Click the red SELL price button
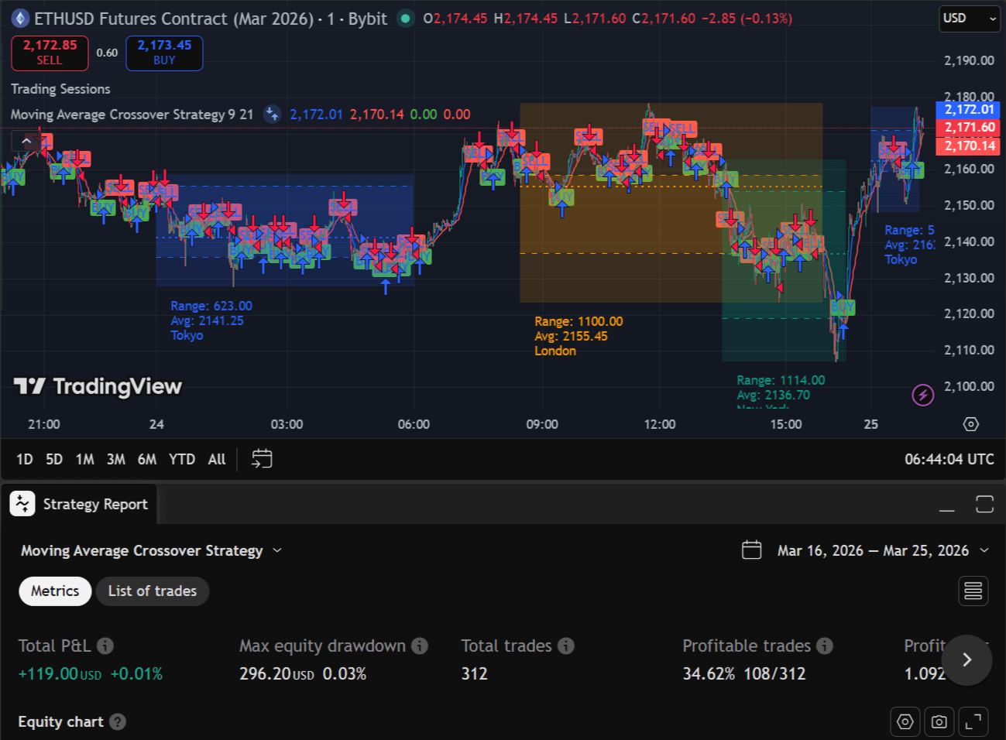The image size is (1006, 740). pos(50,53)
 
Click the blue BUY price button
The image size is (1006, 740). pos(164,53)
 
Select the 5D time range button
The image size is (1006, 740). pos(54,459)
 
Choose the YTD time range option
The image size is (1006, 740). pos(182,459)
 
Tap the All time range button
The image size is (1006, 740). pos(217,459)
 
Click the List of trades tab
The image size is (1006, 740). pos(153,591)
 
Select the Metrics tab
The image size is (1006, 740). pos(55,591)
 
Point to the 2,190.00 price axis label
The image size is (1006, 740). pos(969,60)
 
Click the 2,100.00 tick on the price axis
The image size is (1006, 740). pos(969,386)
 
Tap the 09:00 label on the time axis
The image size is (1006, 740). pos(542,424)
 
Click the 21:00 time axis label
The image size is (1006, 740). pos(44,424)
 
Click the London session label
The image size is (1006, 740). pos(555,351)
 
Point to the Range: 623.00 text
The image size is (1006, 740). pos(211,306)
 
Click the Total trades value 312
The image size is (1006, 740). pos(475,673)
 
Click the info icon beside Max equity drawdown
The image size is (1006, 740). pos(420,646)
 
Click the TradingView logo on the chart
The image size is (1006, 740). pos(98,386)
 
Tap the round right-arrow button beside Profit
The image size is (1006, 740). pos(967,659)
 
